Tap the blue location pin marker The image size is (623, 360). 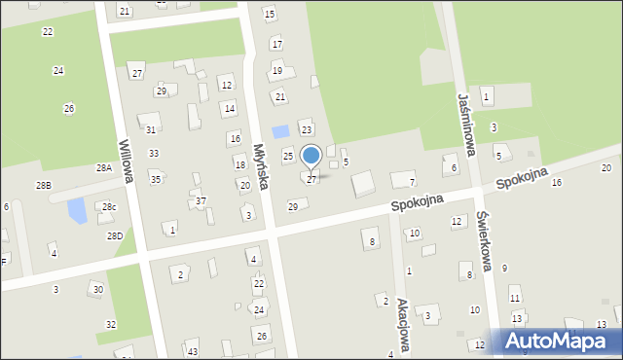pyautogui.click(x=311, y=157)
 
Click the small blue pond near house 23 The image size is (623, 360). pyautogui.click(x=280, y=131)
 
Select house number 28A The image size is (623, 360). pyautogui.click(x=103, y=167)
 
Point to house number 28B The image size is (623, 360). pyautogui.click(x=43, y=185)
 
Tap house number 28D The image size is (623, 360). pyautogui.click(x=115, y=236)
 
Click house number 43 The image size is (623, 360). pyautogui.click(x=193, y=351)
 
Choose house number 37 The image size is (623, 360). pyautogui.click(x=201, y=201)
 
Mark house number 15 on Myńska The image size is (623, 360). pyautogui.click(x=270, y=14)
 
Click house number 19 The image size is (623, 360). pyautogui.click(x=277, y=70)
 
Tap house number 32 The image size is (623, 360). pyautogui.click(x=111, y=324)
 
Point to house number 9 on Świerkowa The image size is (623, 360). pyautogui.click(x=504, y=268)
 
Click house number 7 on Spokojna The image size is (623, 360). pyautogui.click(x=412, y=182)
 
